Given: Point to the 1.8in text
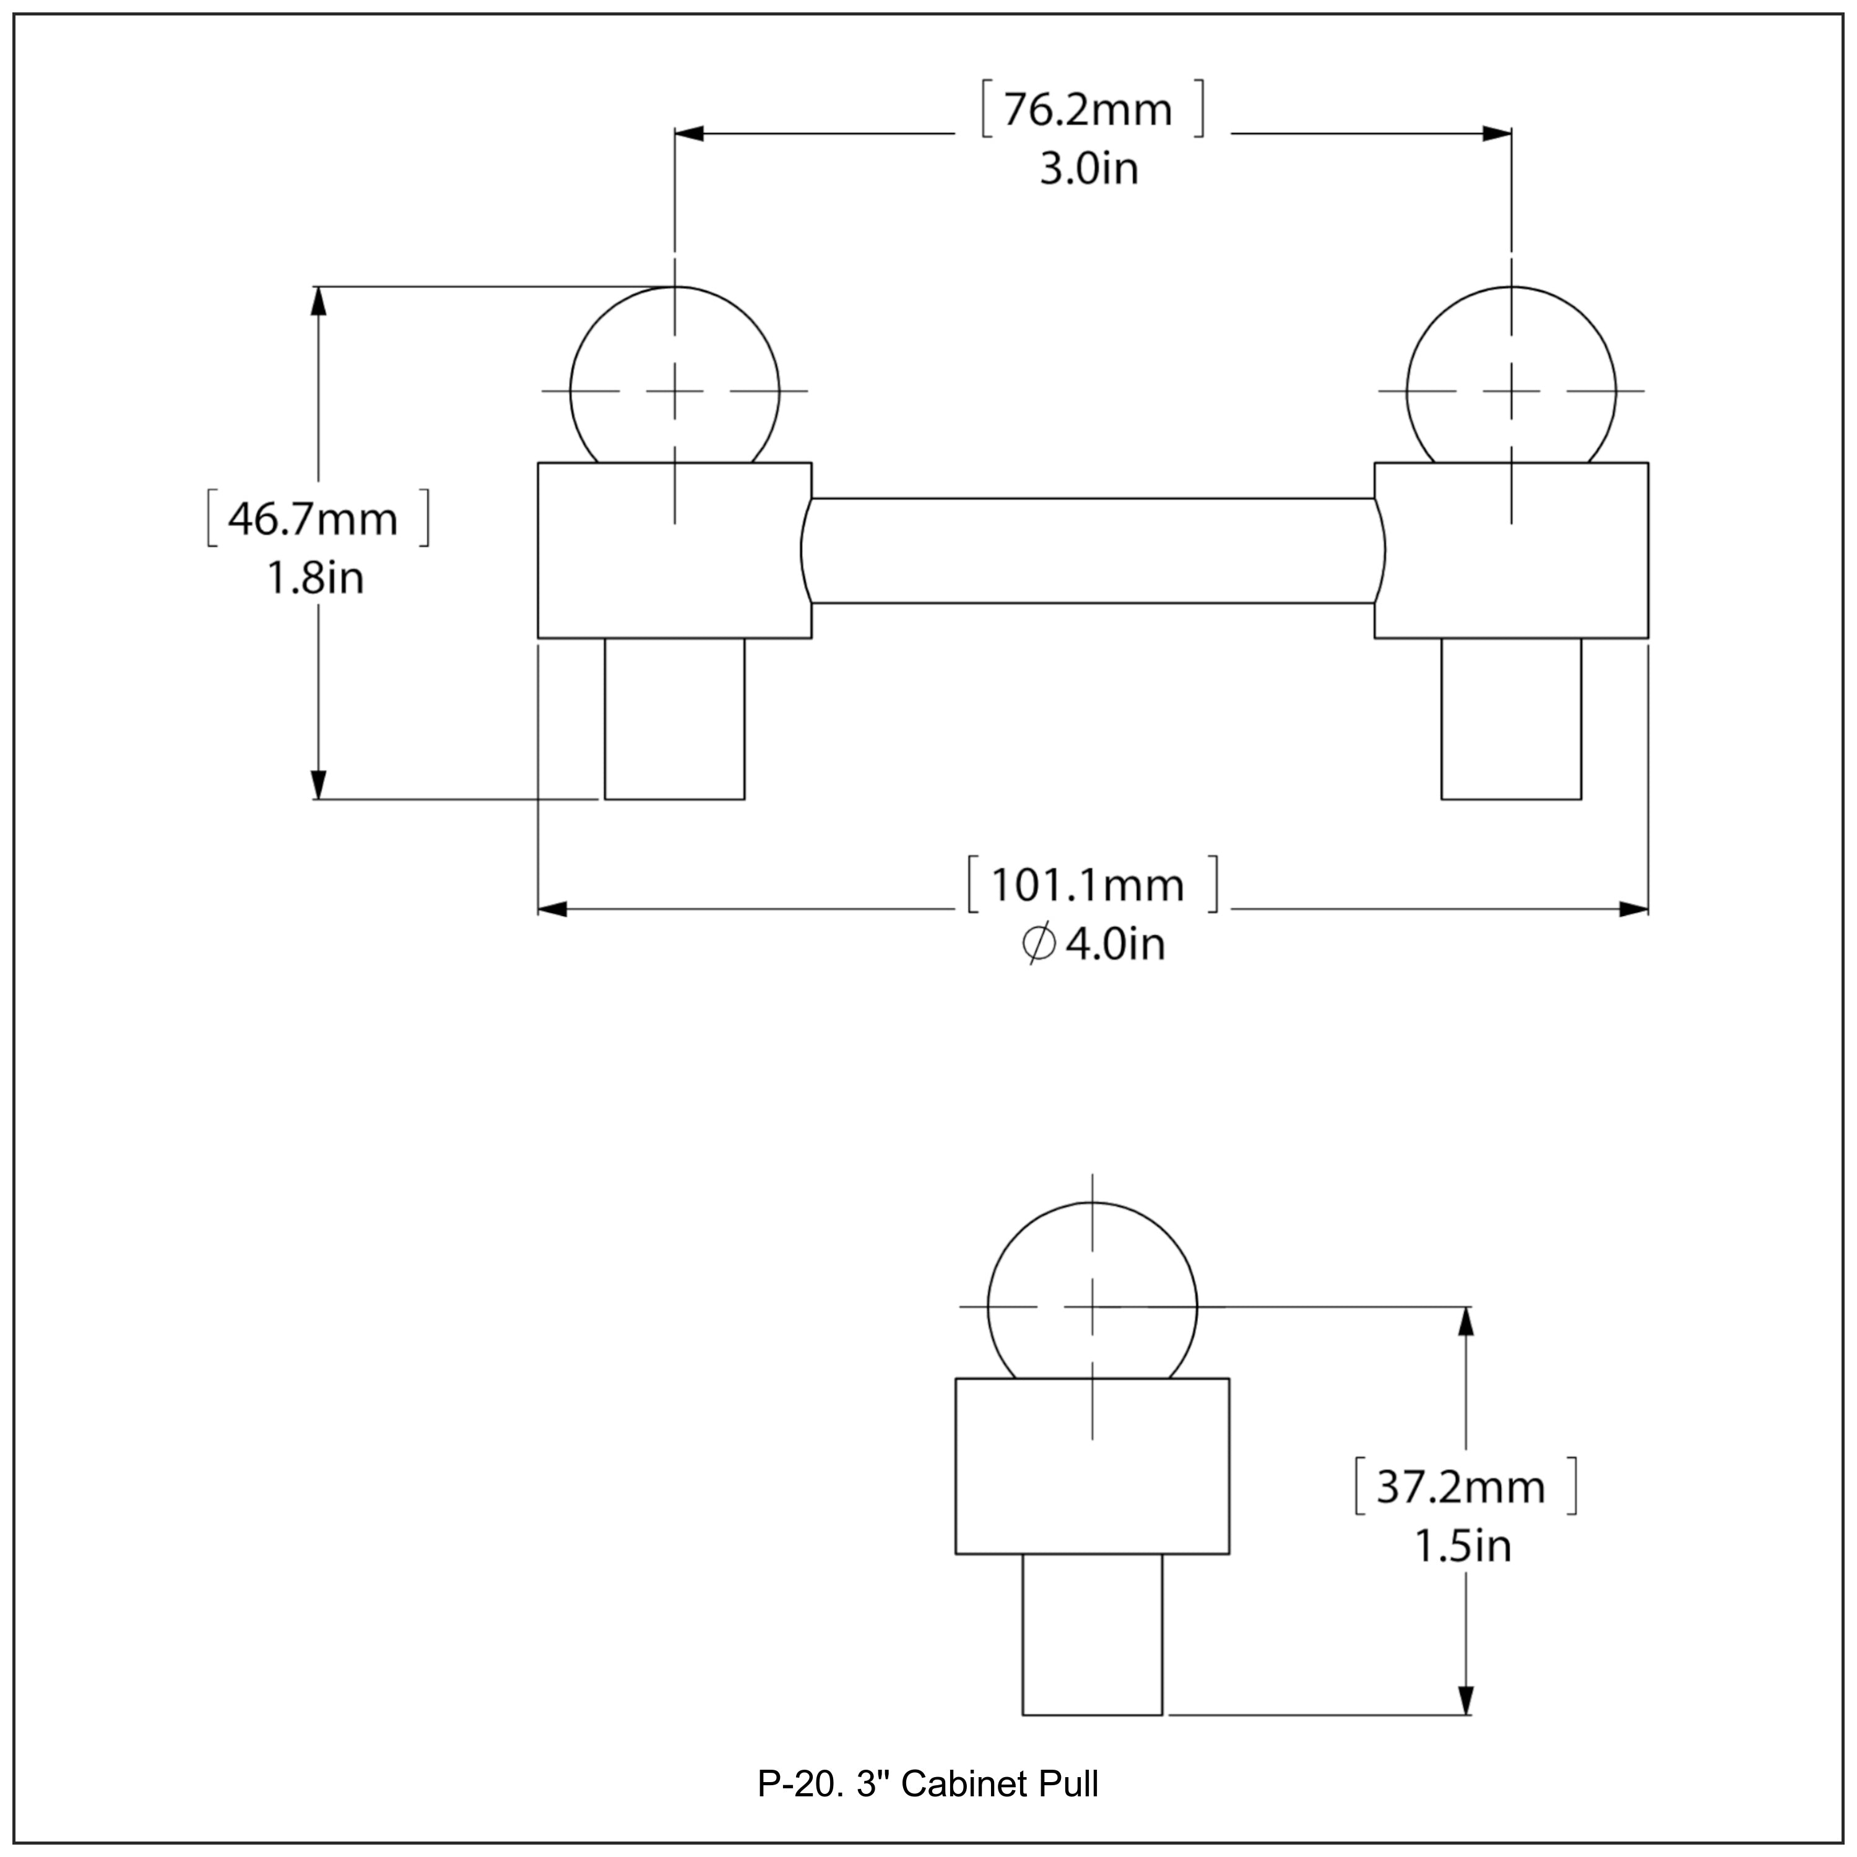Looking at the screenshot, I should (x=315, y=579).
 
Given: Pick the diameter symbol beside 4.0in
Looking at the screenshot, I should (x=1038, y=945).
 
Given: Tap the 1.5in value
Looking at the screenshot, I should (x=1463, y=1546).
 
